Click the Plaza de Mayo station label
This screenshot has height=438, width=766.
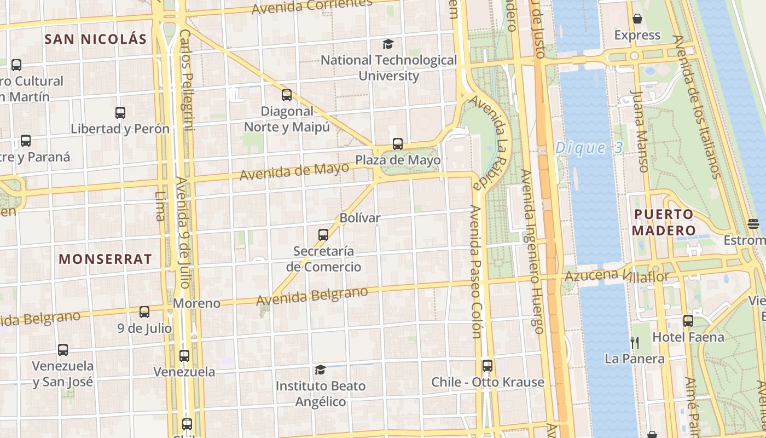point(398,160)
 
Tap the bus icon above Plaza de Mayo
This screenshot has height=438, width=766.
point(398,144)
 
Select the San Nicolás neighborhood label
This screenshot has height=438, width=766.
point(96,39)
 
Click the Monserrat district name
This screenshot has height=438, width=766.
point(105,260)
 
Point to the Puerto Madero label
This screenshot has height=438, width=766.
point(663,222)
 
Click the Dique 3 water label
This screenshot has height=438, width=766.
point(588,148)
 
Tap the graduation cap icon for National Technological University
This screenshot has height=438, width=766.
point(388,44)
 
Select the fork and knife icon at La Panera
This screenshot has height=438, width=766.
point(635,343)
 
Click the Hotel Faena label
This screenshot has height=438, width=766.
point(688,337)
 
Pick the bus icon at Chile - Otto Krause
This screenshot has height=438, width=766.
point(487,365)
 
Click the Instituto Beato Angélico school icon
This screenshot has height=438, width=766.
point(320,370)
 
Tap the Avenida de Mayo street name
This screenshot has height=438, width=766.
point(294,171)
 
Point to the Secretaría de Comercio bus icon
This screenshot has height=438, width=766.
point(323,235)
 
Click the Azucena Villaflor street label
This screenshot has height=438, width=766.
point(617,276)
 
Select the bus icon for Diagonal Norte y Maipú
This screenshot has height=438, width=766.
point(287,95)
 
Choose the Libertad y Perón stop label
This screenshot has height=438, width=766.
point(120,129)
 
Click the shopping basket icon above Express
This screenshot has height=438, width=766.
point(637,19)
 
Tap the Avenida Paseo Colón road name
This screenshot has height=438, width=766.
point(475,272)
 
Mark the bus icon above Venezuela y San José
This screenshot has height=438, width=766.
point(63,349)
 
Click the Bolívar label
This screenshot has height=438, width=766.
point(359,218)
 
